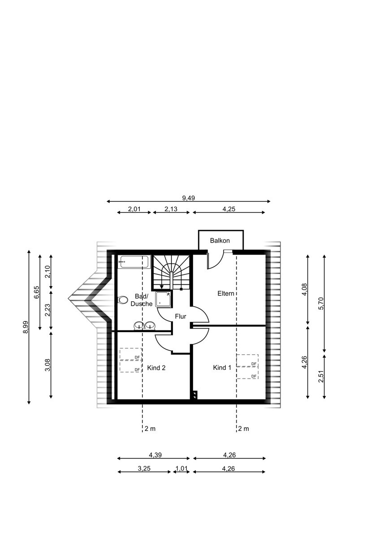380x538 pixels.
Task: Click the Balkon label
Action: click(220, 240)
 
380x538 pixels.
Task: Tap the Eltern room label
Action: click(226, 293)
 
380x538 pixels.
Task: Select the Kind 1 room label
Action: click(222, 368)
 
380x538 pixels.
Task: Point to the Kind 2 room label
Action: click(156, 368)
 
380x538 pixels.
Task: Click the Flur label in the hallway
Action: click(181, 317)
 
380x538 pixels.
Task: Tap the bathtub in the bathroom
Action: click(134, 261)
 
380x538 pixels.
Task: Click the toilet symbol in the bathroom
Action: click(123, 300)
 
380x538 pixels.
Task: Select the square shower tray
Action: click(163, 299)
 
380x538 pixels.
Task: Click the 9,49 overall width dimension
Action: click(189, 198)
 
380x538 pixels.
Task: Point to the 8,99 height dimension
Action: click(26, 327)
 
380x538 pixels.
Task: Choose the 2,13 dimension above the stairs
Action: click(171, 209)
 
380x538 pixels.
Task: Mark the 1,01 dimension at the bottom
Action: click(181, 469)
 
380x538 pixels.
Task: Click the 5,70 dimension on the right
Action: click(321, 304)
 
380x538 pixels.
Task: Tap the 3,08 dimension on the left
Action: click(47, 365)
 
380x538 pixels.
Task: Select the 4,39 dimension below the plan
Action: click(155, 455)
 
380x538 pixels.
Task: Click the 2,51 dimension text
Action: click(321, 376)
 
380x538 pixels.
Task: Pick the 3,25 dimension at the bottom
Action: click(144, 469)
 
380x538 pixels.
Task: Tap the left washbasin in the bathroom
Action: click(139, 325)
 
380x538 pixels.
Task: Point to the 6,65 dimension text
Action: click(36, 292)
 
